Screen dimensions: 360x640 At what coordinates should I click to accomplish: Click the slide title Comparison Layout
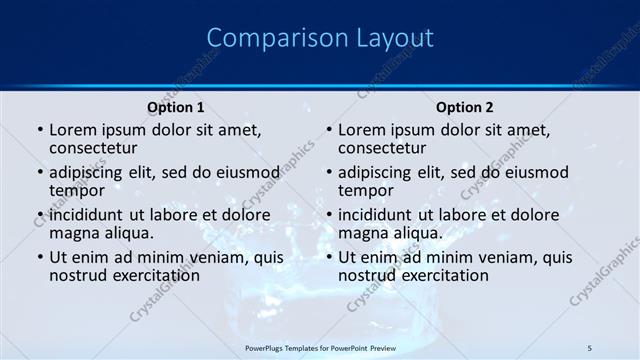(320, 38)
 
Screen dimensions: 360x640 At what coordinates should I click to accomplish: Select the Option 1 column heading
(175, 107)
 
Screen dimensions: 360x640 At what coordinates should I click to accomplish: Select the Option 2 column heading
(464, 107)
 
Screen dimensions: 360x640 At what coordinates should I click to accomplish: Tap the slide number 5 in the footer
(590, 347)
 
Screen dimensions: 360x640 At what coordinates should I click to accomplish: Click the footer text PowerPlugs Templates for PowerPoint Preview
(320, 347)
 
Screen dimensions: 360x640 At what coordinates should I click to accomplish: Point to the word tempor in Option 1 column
(77, 190)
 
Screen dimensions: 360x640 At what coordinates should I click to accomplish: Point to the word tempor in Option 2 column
(366, 190)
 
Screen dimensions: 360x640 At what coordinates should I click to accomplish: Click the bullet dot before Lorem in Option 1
(40, 131)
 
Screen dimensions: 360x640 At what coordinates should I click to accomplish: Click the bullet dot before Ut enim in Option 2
(329, 258)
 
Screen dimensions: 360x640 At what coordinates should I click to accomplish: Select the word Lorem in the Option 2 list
(362, 130)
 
